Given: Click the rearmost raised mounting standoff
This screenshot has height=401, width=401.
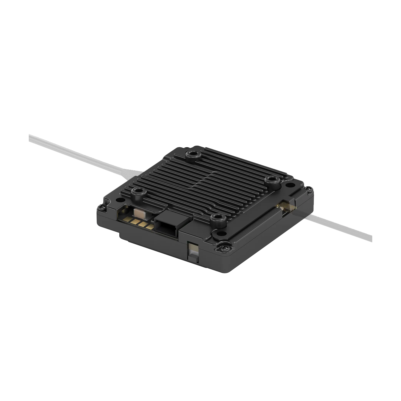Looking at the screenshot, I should (x=193, y=154).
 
